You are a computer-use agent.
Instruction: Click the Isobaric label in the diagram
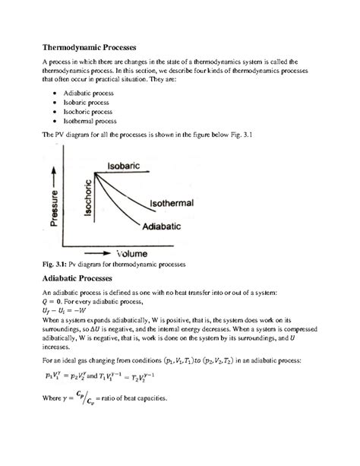click(x=127, y=165)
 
